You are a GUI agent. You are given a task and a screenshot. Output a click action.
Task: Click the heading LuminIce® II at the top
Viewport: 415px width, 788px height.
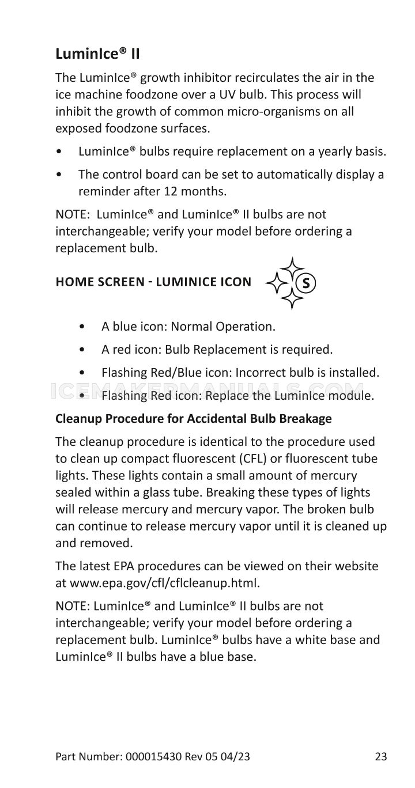click(x=97, y=55)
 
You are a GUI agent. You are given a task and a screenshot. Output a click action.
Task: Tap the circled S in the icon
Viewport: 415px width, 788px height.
click(x=305, y=283)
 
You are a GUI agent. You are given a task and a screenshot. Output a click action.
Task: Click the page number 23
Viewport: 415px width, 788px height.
click(x=380, y=756)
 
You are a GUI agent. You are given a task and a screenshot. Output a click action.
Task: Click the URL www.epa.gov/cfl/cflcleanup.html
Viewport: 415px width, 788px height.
click(x=164, y=582)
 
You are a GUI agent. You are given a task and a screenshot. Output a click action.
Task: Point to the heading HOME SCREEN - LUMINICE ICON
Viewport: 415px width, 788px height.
click(x=153, y=282)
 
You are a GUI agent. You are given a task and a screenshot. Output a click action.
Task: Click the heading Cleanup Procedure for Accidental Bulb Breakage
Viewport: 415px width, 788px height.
click(x=193, y=419)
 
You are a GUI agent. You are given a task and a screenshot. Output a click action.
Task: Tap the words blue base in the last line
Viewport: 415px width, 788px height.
click(x=228, y=656)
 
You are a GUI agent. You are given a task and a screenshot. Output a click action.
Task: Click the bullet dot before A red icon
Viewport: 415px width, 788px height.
click(x=84, y=350)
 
